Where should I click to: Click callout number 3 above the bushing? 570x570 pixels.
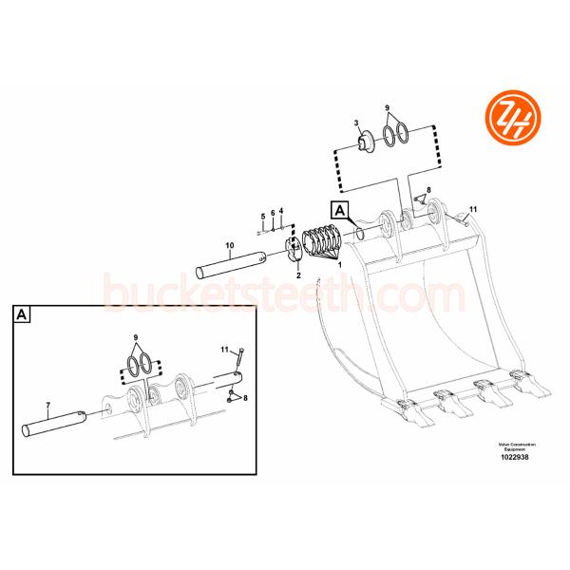355,123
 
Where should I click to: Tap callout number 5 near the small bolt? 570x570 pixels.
262,217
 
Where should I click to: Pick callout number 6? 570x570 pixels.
272,213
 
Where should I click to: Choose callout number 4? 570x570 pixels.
281,210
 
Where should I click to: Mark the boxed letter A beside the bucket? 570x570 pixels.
340,210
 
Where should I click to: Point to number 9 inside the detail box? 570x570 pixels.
136,338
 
